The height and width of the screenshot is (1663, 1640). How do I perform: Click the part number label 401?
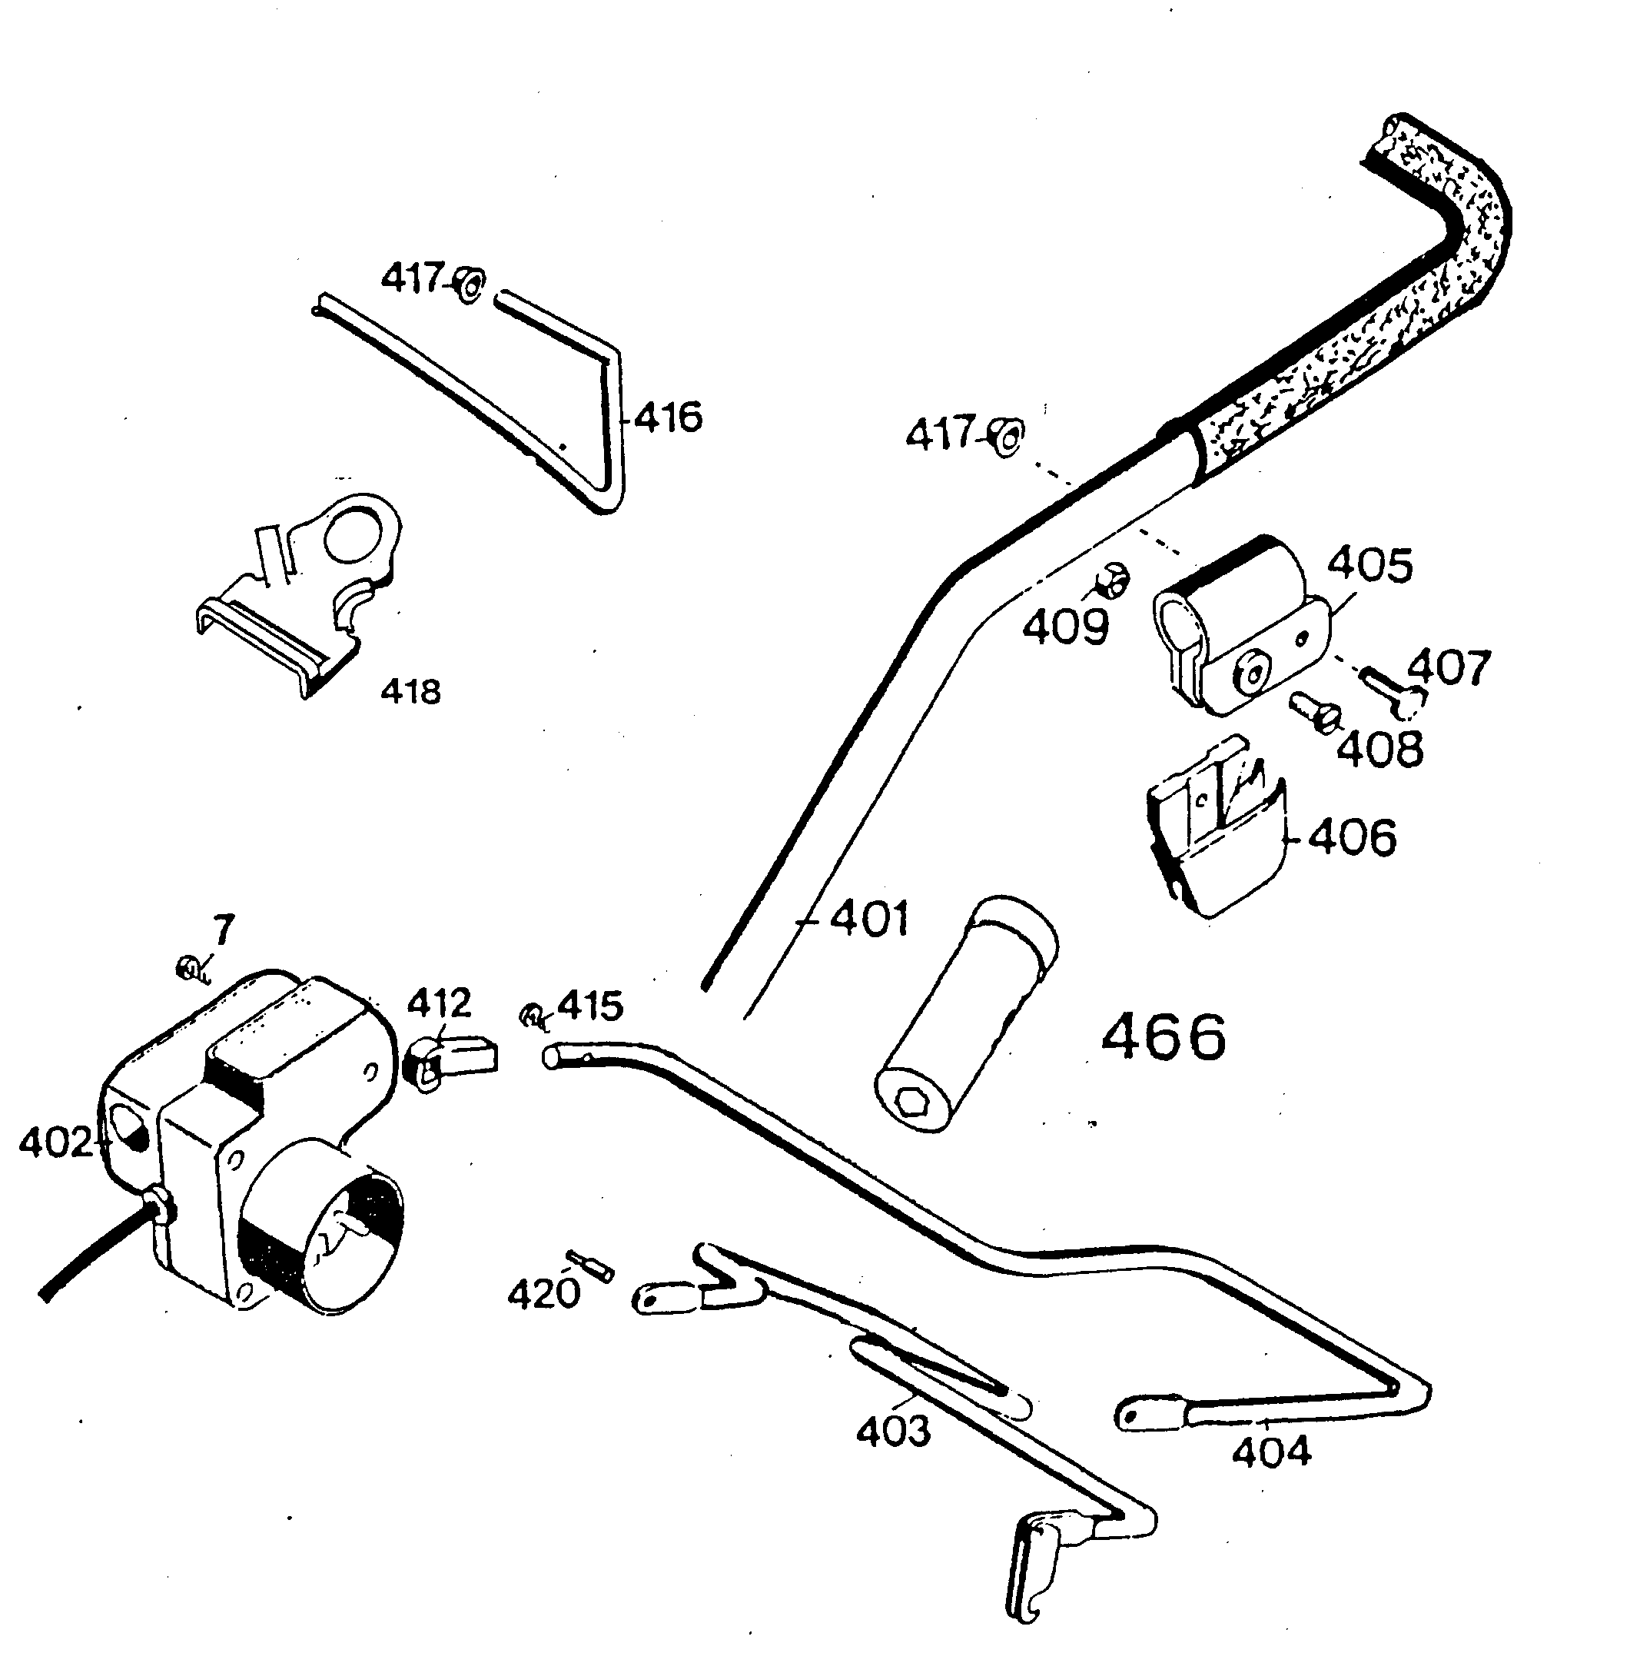869,920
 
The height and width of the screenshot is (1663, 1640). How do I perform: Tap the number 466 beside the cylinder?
1164,1037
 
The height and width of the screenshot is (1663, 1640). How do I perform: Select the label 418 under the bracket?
410,692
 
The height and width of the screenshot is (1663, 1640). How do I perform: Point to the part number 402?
55,1143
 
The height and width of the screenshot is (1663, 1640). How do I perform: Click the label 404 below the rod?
1272,1452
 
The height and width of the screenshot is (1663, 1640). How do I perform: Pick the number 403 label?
893,1432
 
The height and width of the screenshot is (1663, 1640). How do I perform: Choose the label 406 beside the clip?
1352,837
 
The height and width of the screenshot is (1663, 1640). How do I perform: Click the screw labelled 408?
1315,713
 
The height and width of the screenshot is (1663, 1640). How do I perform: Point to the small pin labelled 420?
589,1266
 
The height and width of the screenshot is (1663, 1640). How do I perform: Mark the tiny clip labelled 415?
533,1018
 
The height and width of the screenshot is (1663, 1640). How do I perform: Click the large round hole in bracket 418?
353,534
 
